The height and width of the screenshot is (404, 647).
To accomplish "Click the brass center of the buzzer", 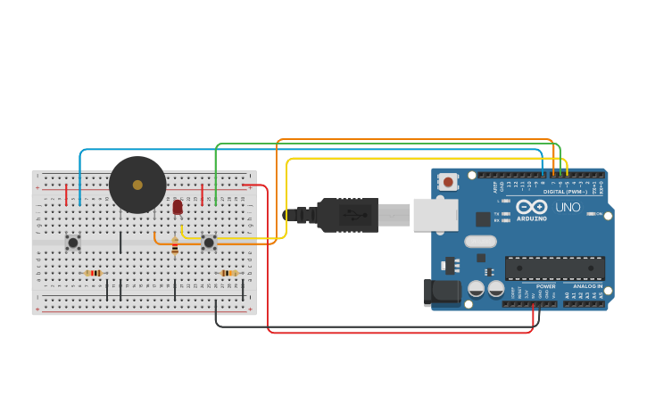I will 137,185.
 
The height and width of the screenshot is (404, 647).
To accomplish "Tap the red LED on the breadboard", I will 178,207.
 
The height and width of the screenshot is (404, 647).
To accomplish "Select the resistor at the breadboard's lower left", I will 93,273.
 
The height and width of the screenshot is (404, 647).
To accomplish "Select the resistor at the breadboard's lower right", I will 228,273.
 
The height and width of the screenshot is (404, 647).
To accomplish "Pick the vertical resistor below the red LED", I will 175,246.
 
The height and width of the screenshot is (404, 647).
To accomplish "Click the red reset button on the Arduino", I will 448,182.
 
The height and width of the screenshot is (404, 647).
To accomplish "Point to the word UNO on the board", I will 568,207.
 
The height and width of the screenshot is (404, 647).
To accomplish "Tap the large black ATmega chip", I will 554,268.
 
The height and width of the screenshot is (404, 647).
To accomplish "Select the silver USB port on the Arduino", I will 435,215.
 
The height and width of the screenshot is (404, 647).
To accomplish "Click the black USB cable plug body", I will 348,215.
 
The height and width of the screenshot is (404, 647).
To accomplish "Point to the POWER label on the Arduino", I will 545,286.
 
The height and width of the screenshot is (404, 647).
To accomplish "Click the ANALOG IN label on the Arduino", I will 587,286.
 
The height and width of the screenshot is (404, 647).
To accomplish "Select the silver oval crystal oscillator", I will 480,241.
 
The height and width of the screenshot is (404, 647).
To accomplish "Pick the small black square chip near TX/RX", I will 483,218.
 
